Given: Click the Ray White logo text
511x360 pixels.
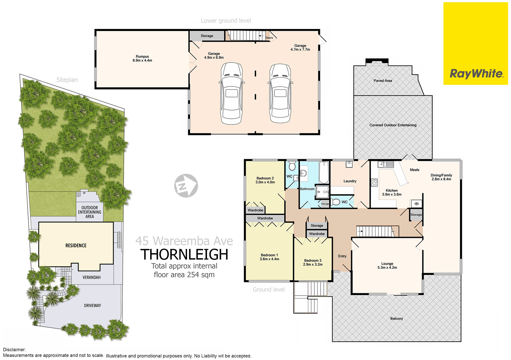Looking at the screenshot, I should tap(476, 74).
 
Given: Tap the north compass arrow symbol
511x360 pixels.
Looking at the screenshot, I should tap(186, 186).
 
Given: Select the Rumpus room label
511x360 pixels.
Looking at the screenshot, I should tap(142, 58).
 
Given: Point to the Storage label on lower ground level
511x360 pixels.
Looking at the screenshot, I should tap(207, 36).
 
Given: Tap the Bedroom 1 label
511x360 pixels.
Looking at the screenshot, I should tap(269, 257).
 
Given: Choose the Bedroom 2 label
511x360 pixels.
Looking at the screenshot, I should tap(265, 180).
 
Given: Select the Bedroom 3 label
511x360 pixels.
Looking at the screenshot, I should tap(313, 262).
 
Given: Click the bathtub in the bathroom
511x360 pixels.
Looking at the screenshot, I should tap(323, 173).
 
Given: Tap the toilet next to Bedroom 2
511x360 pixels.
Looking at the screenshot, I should tap(292, 167).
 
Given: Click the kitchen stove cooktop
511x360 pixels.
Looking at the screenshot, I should tap(374, 183).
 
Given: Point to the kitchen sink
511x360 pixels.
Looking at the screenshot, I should tap(385, 165).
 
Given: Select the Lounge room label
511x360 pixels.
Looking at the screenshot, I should tap(387, 265).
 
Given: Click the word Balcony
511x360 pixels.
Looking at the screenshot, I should tap(397, 318).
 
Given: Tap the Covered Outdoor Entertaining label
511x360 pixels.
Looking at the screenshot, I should tap(393, 125).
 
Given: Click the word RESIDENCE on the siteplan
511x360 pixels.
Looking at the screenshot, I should tap(76, 245).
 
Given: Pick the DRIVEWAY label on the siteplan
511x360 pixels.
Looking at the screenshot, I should tap(92, 306).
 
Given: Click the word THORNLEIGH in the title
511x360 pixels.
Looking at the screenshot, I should tap(184, 254).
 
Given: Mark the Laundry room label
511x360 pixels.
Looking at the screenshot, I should tap(350, 181).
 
